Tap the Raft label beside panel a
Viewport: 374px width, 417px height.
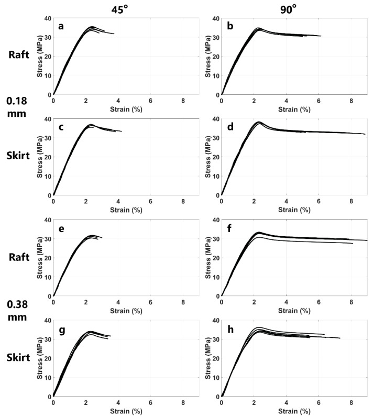tap(15, 54)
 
